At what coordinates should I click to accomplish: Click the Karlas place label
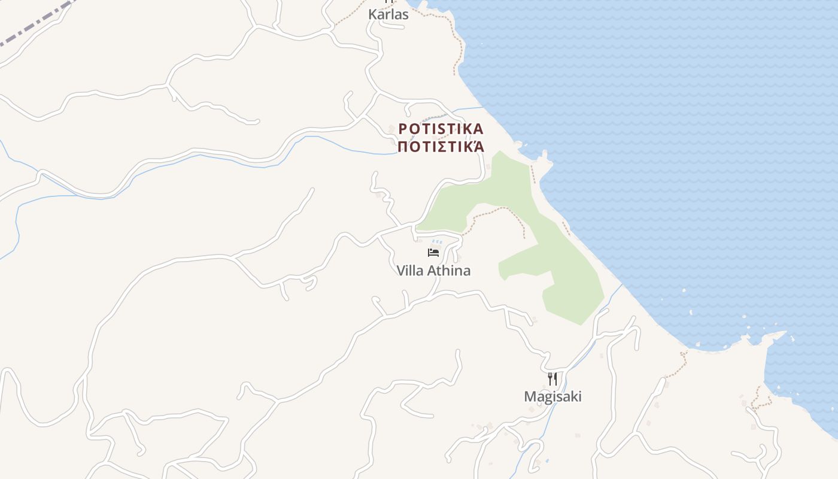coord(388,14)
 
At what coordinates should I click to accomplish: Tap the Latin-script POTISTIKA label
coord(441,129)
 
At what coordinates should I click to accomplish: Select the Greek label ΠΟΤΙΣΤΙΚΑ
coord(441,146)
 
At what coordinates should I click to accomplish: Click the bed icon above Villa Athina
coord(433,252)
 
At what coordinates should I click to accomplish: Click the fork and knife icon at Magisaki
coord(552,378)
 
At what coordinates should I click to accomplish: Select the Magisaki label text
coord(552,396)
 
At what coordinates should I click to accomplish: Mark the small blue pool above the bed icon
coord(436,242)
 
